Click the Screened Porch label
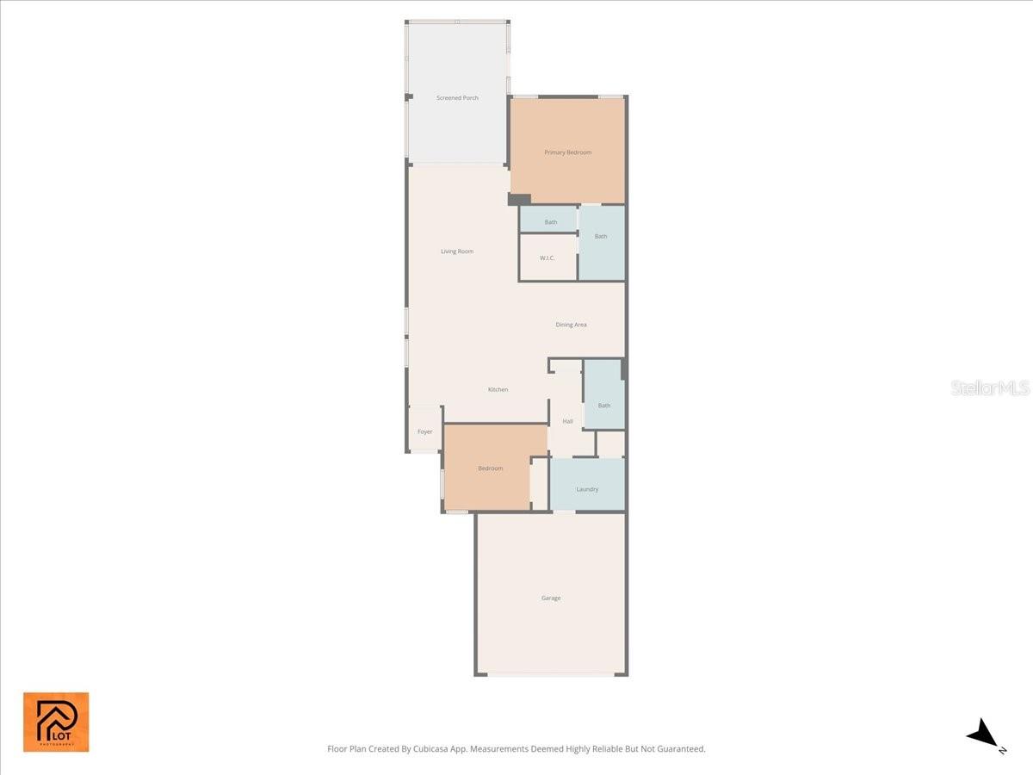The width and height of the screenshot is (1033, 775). (457, 98)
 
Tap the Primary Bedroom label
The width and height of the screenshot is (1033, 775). (567, 152)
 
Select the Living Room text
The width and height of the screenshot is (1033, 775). (457, 251)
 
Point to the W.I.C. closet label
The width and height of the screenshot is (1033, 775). (547, 258)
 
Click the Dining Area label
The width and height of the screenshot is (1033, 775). (571, 325)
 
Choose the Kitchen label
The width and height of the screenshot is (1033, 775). (498, 390)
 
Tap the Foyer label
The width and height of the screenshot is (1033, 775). (425, 431)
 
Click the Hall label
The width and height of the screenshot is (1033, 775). (567, 421)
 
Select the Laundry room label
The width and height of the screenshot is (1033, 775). (587, 489)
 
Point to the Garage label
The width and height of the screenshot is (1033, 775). (551, 598)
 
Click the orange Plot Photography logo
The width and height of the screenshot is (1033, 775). (56, 722)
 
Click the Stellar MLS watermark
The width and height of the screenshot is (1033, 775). (990, 388)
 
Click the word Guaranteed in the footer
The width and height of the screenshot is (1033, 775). (677, 749)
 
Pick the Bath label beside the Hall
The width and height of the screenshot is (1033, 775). (604, 406)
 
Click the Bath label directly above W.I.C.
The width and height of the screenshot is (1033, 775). (550, 222)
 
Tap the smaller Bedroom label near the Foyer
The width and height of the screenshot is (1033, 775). (490, 468)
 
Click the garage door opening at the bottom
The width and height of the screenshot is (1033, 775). (551, 674)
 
